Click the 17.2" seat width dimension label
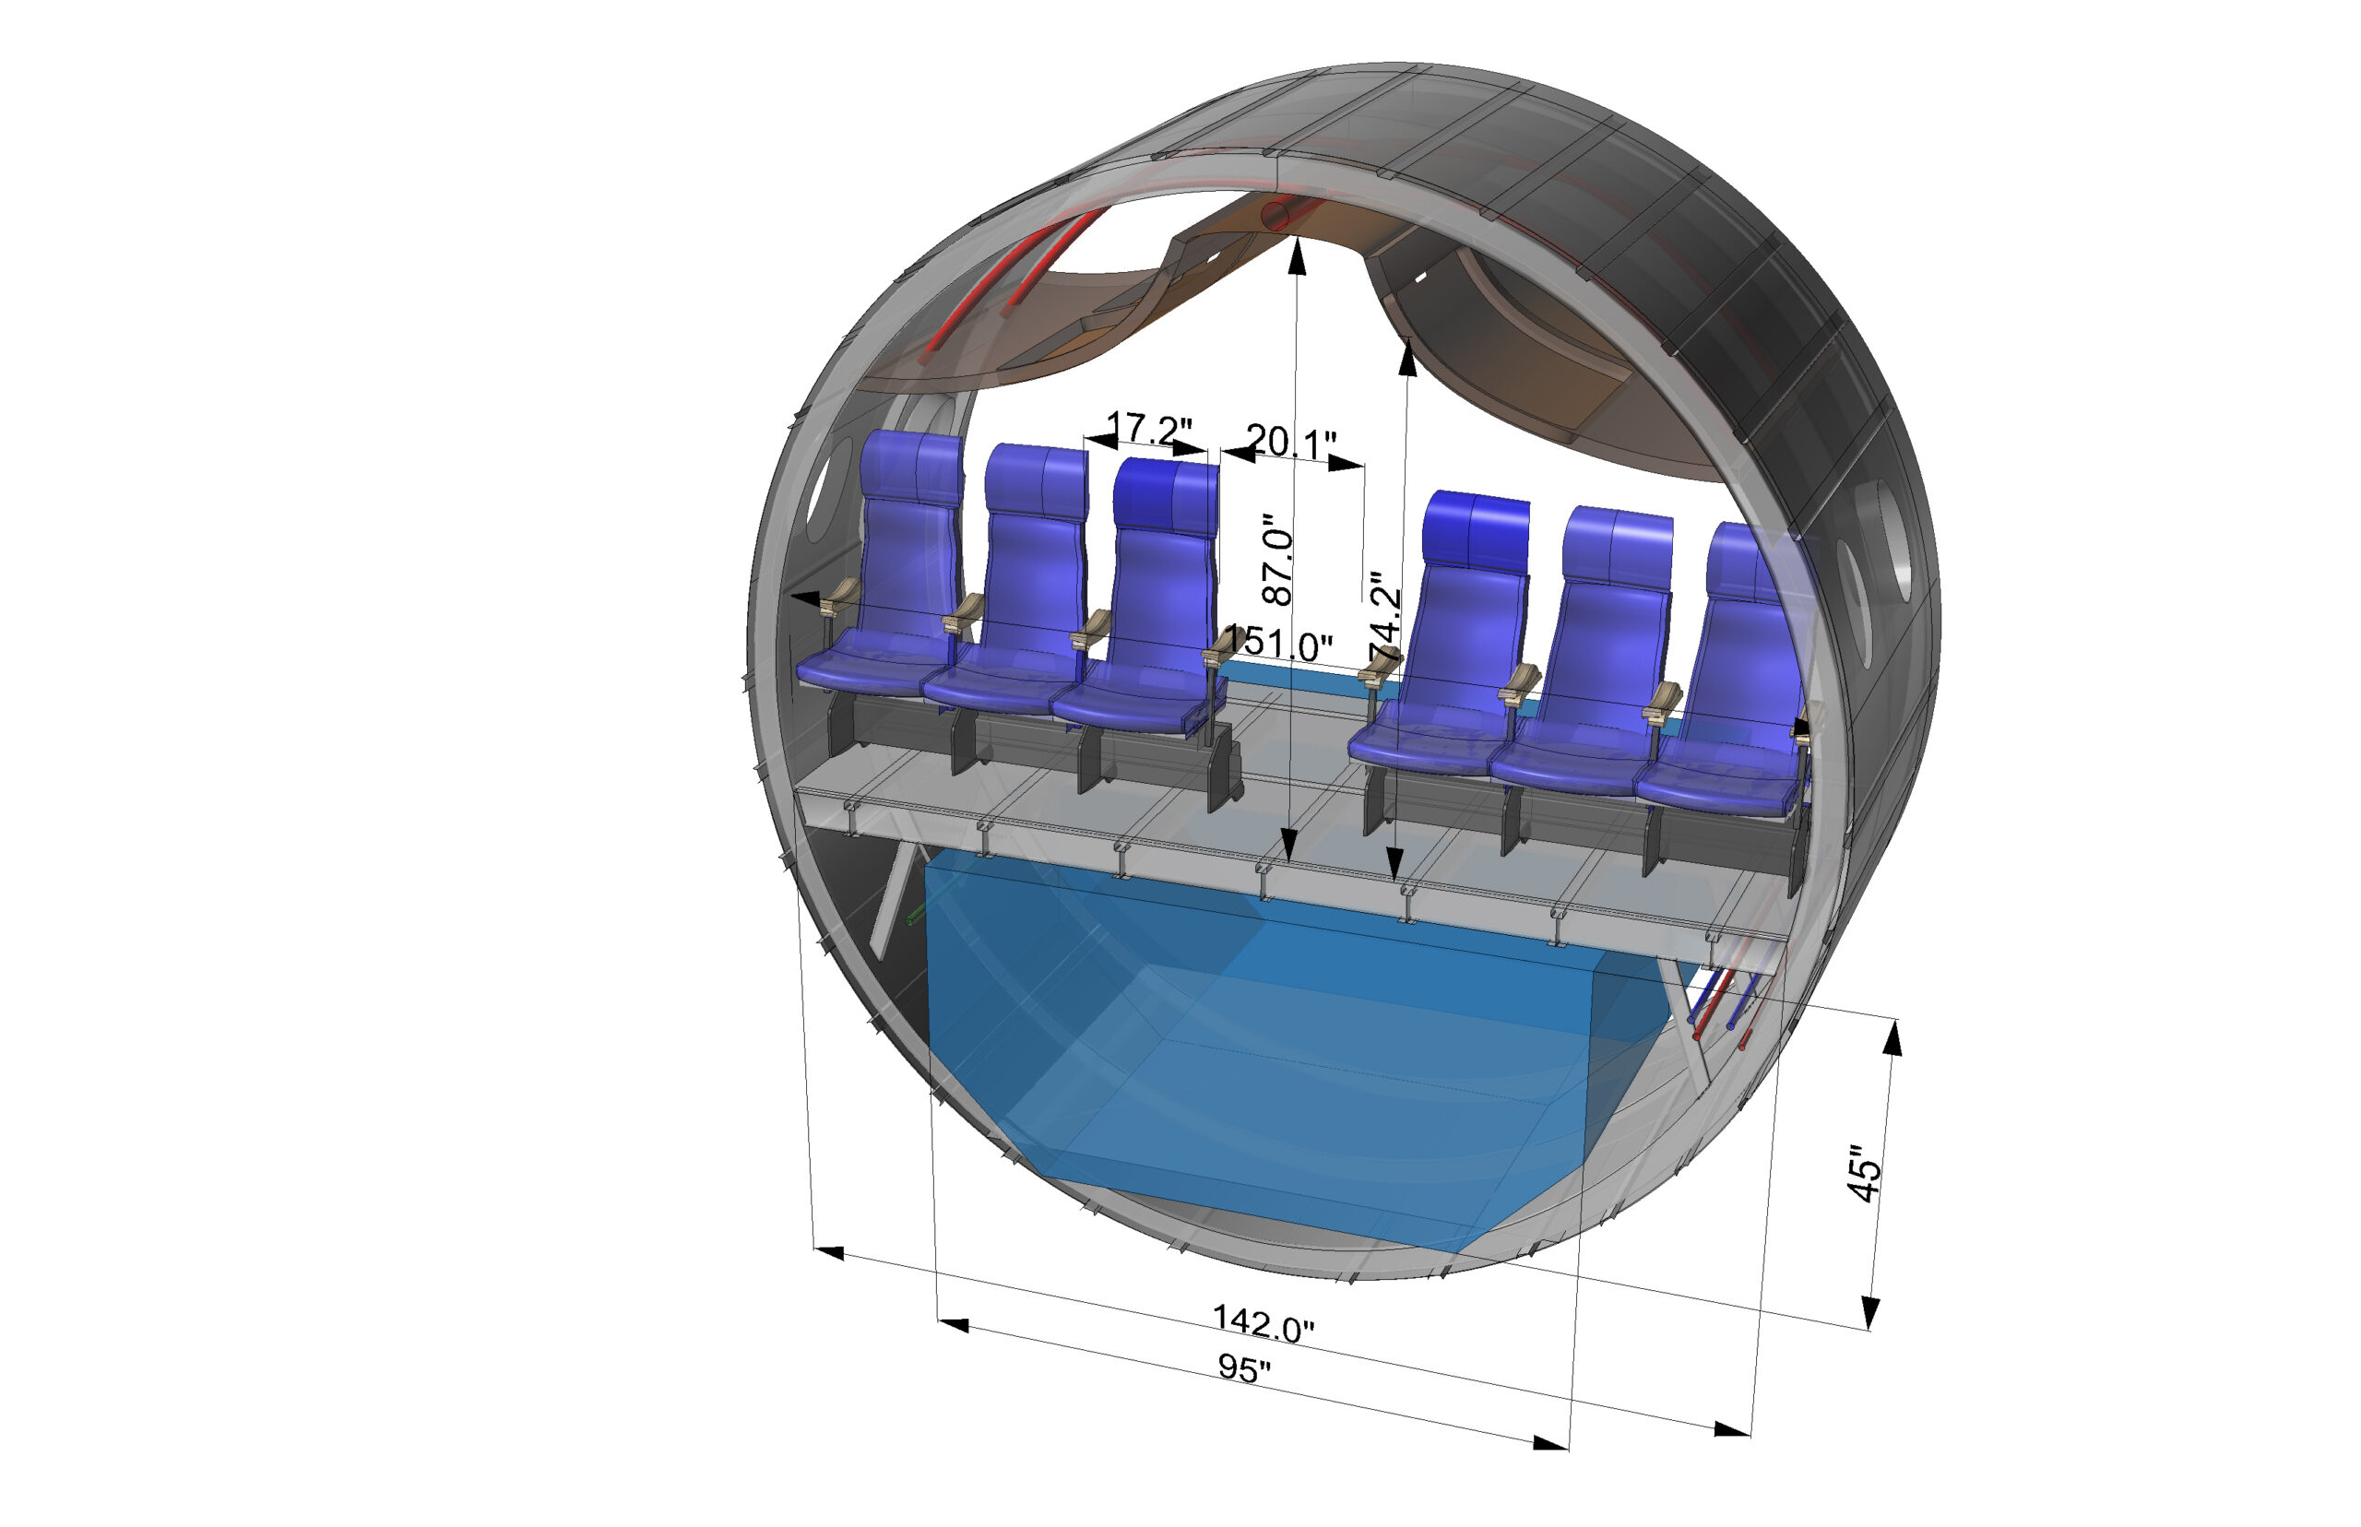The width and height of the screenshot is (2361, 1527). [x=1147, y=429]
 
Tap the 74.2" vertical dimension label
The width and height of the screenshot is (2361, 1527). [x=1385, y=616]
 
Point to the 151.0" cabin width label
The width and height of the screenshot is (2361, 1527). [x=1279, y=645]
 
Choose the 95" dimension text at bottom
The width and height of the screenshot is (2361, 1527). [x=1243, y=1368]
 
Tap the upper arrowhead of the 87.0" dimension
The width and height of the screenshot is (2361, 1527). [x=1296, y=255]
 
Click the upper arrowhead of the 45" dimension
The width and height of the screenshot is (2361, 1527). [x=1892, y=1039]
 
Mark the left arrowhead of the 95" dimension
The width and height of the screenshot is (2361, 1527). [x=952, y=1325]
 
